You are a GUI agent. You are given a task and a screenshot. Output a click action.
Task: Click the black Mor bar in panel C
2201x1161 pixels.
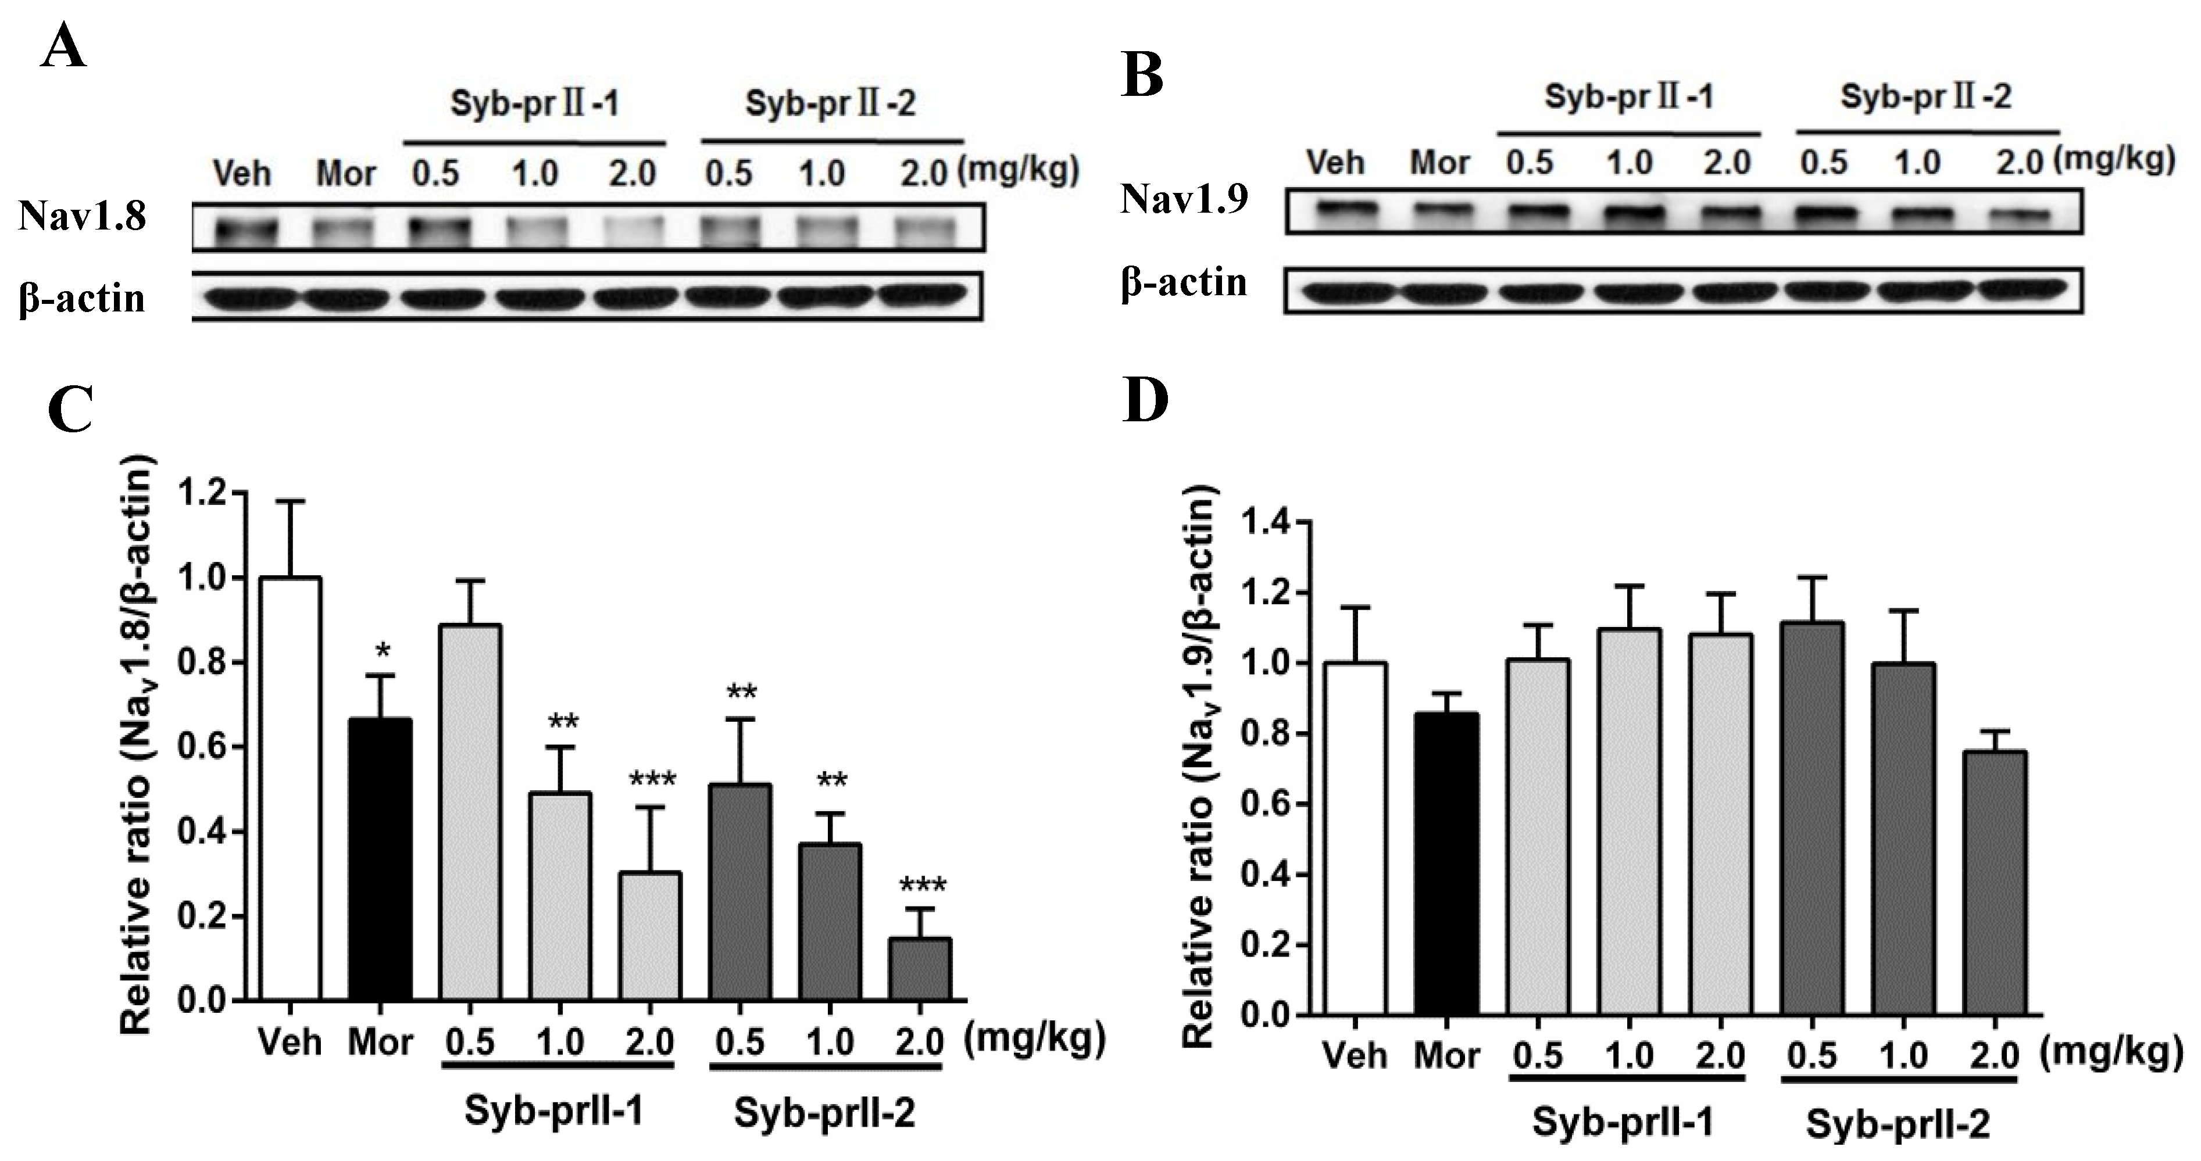380,859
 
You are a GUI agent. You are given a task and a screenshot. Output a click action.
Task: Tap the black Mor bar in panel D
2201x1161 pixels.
1446,863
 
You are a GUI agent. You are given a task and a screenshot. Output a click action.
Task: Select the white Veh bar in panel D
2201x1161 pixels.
1355,838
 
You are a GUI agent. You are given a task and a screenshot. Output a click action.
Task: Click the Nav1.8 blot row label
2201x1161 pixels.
83,217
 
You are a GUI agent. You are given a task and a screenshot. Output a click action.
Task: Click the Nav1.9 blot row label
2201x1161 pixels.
1184,200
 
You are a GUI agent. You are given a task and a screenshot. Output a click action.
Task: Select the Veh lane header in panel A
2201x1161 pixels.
242,174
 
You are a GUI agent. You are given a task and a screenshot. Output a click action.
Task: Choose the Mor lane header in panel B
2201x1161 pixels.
1439,162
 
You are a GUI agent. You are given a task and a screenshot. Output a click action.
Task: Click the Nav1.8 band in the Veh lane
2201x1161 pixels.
246,229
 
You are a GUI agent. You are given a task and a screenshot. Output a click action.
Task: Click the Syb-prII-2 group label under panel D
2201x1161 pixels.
1898,1124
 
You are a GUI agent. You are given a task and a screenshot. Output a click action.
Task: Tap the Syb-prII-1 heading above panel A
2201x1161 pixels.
535,104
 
